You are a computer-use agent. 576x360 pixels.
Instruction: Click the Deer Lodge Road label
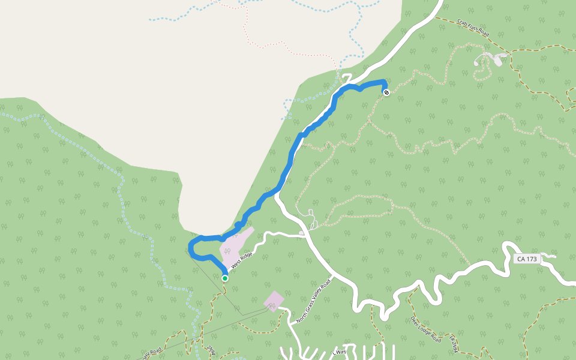coord(426,329)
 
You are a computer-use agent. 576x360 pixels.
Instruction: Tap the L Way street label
coord(340,351)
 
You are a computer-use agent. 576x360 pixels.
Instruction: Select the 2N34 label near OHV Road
coord(210,350)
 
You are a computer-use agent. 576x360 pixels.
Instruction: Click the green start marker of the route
coord(224,278)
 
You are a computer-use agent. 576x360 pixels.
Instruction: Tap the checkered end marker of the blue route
coord(386,92)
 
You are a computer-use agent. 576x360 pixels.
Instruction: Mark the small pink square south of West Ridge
coord(274,301)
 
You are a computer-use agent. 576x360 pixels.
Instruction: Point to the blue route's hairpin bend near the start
coord(191,248)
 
